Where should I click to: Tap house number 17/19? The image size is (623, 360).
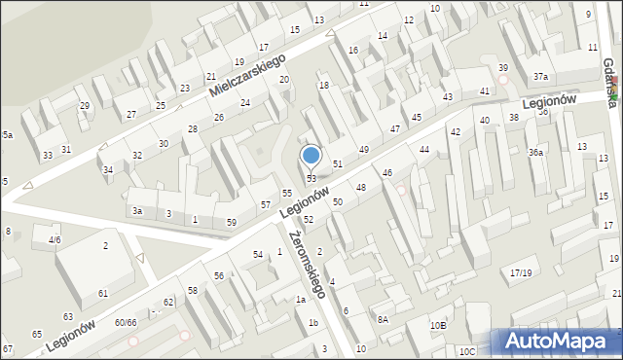[x=522, y=272]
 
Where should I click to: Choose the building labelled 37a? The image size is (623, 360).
[x=540, y=77]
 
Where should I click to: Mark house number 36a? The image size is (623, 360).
[x=535, y=152]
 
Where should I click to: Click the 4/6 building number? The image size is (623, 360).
[x=55, y=239]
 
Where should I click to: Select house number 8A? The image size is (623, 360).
[x=384, y=318]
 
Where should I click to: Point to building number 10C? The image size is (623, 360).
[x=467, y=351]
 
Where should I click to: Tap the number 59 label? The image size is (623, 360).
[x=231, y=223]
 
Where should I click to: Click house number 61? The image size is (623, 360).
[x=103, y=293]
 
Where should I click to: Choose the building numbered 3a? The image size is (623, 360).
[x=138, y=210]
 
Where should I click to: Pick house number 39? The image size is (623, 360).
[x=502, y=67]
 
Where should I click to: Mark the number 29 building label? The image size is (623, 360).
[x=85, y=105]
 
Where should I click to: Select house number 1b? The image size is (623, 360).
[x=313, y=322]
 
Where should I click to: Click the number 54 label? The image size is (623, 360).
[x=258, y=254]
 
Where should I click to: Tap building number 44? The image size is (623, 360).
[x=423, y=149]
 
